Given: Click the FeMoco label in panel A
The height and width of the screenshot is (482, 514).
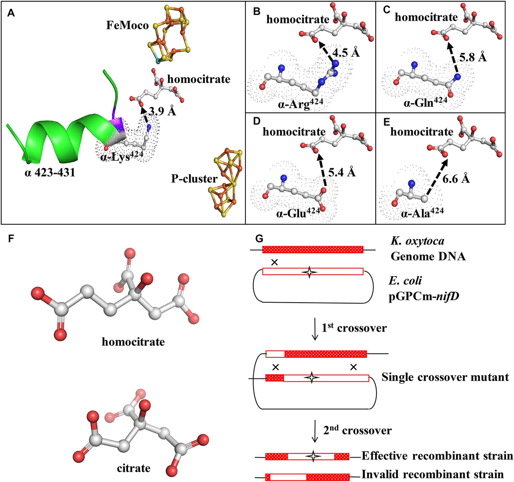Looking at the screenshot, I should [x=127, y=26].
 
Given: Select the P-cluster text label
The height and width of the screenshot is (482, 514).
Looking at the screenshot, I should [x=194, y=179].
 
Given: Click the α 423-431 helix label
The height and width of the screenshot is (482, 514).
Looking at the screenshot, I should [x=50, y=173].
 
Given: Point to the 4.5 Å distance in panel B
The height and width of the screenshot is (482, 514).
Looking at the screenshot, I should [x=346, y=53].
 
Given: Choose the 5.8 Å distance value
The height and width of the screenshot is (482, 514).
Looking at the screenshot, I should [x=472, y=57].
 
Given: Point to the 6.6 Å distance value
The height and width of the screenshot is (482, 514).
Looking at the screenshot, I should [x=456, y=179].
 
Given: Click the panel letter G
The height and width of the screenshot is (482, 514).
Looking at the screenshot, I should [x=258, y=238].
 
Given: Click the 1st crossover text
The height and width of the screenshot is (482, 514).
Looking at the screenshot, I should [x=354, y=328].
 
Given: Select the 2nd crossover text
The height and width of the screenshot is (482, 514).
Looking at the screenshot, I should [x=357, y=430].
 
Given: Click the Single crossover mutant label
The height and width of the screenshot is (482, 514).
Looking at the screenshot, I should [x=445, y=377].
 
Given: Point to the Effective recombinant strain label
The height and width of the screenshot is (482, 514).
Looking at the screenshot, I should [x=437, y=456].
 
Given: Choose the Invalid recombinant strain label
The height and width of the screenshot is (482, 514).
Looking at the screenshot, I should [x=433, y=474].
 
